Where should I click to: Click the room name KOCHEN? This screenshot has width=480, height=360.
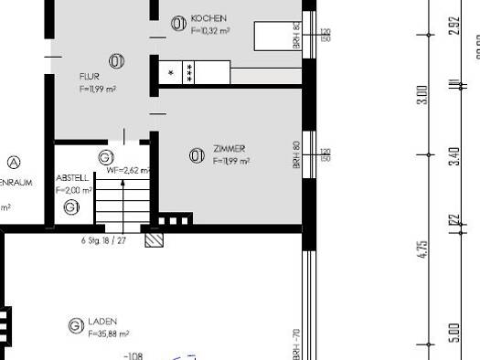(x=208, y=18)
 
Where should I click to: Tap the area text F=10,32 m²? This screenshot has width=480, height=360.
(x=209, y=29)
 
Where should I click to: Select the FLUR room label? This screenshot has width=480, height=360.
(x=88, y=77)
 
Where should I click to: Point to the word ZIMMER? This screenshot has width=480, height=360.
(x=229, y=148)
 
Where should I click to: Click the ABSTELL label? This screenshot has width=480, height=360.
(x=73, y=178)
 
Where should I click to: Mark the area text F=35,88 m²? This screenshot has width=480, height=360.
(x=108, y=334)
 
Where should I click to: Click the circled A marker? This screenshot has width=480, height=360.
(x=13, y=163)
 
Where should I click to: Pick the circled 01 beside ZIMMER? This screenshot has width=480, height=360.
(x=196, y=155)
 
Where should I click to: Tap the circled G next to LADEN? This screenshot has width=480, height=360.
(x=75, y=326)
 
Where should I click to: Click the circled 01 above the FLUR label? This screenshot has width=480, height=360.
(x=117, y=61)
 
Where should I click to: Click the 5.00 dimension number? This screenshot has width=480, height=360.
(x=454, y=334)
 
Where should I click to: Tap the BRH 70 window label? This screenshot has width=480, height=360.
(x=296, y=342)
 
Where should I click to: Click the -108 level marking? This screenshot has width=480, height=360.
(x=134, y=355)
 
